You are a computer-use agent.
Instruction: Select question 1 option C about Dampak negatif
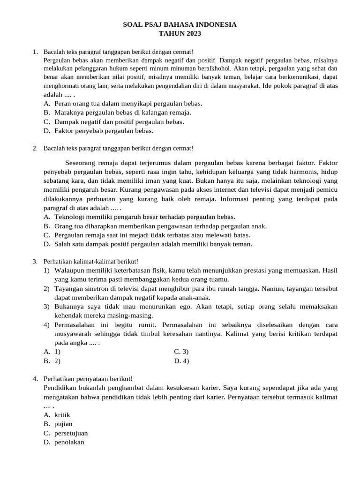(x=119, y=121)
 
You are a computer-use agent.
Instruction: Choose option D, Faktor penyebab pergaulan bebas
(x=104, y=131)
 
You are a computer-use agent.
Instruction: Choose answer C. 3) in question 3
(x=181, y=352)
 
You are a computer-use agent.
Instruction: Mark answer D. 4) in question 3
(x=181, y=360)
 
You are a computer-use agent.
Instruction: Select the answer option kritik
(x=62, y=415)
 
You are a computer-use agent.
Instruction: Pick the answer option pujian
(x=63, y=424)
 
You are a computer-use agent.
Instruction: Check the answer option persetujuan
(x=71, y=433)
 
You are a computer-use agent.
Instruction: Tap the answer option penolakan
(x=69, y=442)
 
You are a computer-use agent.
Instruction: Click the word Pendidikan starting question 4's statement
(x=60, y=388)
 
